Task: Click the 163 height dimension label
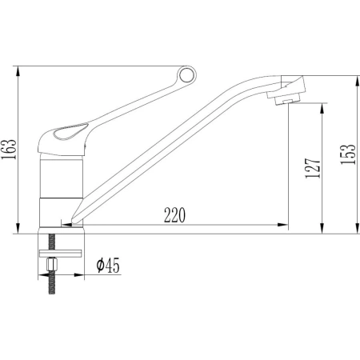click(9, 149)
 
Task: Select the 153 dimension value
click(348, 154)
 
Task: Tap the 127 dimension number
click(313, 168)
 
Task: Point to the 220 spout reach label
click(174, 215)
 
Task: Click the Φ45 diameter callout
click(108, 265)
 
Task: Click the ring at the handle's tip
click(187, 74)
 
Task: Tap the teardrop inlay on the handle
click(70, 131)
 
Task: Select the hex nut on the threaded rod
click(51, 264)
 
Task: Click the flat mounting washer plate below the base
click(60, 253)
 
